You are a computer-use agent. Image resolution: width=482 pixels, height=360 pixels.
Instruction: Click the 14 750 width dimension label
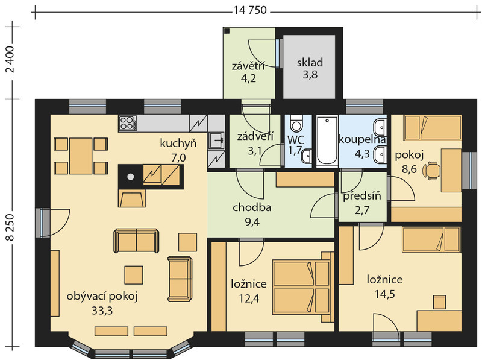tap(250, 10)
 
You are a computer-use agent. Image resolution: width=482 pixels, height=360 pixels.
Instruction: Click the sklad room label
tap(310, 63)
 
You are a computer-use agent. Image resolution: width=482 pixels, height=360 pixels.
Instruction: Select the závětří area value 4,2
tap(248, 78)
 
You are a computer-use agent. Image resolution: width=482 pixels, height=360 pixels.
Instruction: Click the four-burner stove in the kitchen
tap(128, 123)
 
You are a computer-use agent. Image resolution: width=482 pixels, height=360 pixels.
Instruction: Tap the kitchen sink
tap(216, 141)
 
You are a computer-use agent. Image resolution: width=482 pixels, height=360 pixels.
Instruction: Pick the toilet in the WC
tap(296, 123)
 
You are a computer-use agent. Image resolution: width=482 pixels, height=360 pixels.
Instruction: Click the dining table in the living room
tap(81, 156)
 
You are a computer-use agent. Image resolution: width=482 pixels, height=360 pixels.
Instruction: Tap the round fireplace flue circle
tap(131, 177)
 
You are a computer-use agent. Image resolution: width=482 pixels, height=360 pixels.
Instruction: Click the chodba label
tap(252, 207)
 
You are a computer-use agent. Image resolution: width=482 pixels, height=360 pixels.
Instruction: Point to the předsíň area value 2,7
tap(362, 210)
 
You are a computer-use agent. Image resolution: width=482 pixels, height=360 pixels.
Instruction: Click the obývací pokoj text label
tap(102, 297)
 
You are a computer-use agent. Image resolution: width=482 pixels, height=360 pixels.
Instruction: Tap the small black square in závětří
tap(227, 31)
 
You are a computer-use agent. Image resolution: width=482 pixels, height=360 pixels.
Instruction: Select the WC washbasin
tap(307, 156)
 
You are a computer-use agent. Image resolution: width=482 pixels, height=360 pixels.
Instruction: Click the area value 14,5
tap(384, 294)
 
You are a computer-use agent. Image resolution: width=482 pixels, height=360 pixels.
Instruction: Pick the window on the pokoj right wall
tap(469, 170)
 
